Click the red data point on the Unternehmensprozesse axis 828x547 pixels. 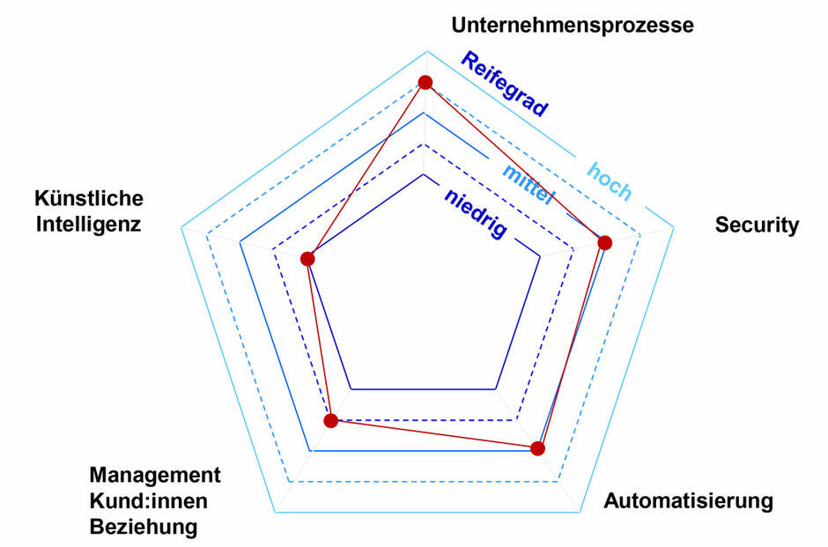(425, 83)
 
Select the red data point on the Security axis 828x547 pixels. (603, 242)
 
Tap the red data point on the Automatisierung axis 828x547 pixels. (538, 448)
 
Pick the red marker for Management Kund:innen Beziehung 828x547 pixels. (331, 421)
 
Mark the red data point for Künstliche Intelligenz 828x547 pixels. (307, 259)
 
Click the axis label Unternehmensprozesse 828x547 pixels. (573, 25)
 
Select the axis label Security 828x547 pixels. (757, 225)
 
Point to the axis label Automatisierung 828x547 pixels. (688, 502)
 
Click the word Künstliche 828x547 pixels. (88, 198)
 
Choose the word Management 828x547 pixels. (155, 476)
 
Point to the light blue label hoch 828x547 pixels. (610, 181)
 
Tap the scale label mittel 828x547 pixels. (527, 184)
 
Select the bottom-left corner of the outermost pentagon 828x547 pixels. (275, 512)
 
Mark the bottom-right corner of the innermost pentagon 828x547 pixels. (496, 388)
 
